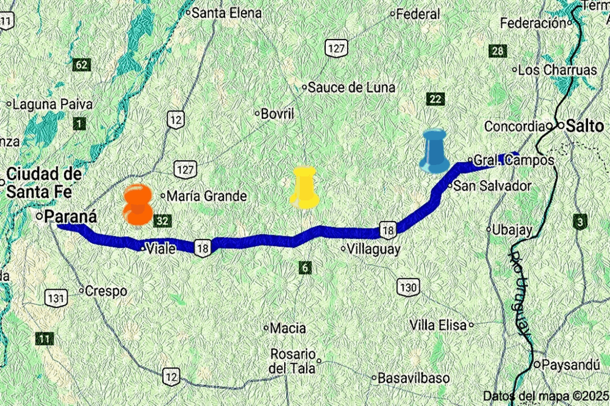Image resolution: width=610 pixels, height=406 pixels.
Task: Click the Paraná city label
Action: click(x=71, y=216)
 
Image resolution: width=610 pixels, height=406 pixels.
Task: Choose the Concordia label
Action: click(x=515, y=126)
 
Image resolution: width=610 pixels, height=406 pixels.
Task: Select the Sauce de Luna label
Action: click(x=351, y=87)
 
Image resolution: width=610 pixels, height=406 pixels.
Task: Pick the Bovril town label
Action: click(x=278, y=113)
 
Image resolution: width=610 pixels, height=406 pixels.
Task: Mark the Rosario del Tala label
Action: click(x=293, y=361)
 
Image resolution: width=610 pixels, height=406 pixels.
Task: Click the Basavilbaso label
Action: click(x=413, y=378)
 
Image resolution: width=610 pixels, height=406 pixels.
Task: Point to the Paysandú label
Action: click(x=571, y=364)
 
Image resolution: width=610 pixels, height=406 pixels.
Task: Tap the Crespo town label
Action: click(x=106, y=290)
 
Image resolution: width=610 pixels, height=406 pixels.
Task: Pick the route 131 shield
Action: click(x=55, y=298)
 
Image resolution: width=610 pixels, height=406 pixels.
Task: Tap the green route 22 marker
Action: click(x=435, y=99)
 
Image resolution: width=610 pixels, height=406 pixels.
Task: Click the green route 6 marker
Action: click(x=306, y=268)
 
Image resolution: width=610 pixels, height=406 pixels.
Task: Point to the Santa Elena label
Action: click(x=226, y=12)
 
